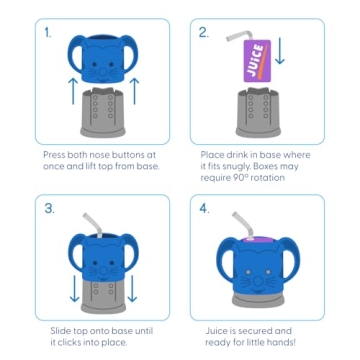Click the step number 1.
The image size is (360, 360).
pyautogui.click(x=47, y=32)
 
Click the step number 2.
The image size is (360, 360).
pyautogui.click(x=203, y=32)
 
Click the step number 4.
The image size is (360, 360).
pyautogui.click(x=204, y=208)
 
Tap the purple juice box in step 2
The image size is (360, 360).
pyautogui.click(x=255, y=60)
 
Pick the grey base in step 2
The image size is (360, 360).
pyautogui.click(x=257, y=112)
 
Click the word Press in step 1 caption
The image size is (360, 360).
pyautogui.click(x=55, y=154)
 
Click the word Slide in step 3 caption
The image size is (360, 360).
pyautogui.click(x=60, y=330)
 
